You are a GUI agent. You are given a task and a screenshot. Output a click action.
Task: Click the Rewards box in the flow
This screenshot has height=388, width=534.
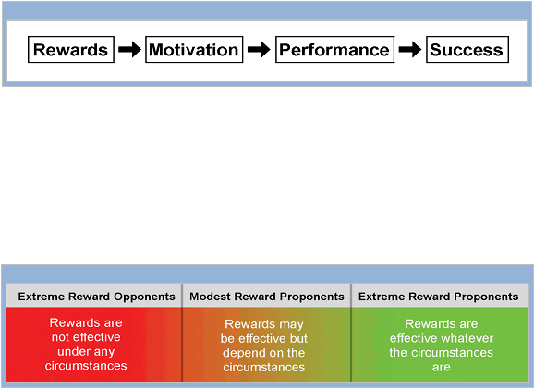(x=71, y=49)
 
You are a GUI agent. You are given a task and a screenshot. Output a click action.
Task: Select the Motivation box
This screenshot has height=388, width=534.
(x=194, y=49)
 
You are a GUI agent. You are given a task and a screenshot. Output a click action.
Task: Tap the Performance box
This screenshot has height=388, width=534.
(x=334, y=49)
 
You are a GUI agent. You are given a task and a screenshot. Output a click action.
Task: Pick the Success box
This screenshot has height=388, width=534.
(x=467, y=49)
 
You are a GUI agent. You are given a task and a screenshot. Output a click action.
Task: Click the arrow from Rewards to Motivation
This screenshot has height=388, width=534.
(x=129, y=49)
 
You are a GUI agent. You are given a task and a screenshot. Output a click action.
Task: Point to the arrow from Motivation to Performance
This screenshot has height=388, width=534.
(x=259, y=49)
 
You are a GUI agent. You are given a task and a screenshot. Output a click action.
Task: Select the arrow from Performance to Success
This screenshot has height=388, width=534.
(x=410, y=49)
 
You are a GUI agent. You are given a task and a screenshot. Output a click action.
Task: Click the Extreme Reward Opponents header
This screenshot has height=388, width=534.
(x=96, y=297)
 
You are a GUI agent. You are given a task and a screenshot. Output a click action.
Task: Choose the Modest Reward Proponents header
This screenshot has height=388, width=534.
(x=267, y=297)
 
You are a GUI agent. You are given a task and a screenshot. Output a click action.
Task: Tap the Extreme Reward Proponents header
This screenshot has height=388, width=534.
(x=438, y=297)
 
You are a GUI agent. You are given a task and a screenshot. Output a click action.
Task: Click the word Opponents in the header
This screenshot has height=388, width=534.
(x=144, y=297)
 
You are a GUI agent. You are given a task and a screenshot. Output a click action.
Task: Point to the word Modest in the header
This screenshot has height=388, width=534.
(x=210, y=297)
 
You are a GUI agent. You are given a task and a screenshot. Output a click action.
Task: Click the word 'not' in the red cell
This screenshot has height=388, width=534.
(x=60, y=337)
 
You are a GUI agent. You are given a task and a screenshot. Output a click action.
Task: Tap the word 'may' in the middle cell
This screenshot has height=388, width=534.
(x=291, y=324)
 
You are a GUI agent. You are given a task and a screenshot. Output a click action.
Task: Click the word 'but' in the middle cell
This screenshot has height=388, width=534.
(x=298, y=339)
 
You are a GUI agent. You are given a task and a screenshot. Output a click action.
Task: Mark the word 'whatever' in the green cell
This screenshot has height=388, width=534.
(x=468, y=338)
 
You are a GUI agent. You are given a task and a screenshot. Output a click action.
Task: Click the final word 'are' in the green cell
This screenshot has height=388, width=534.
(x=442, y=368)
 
